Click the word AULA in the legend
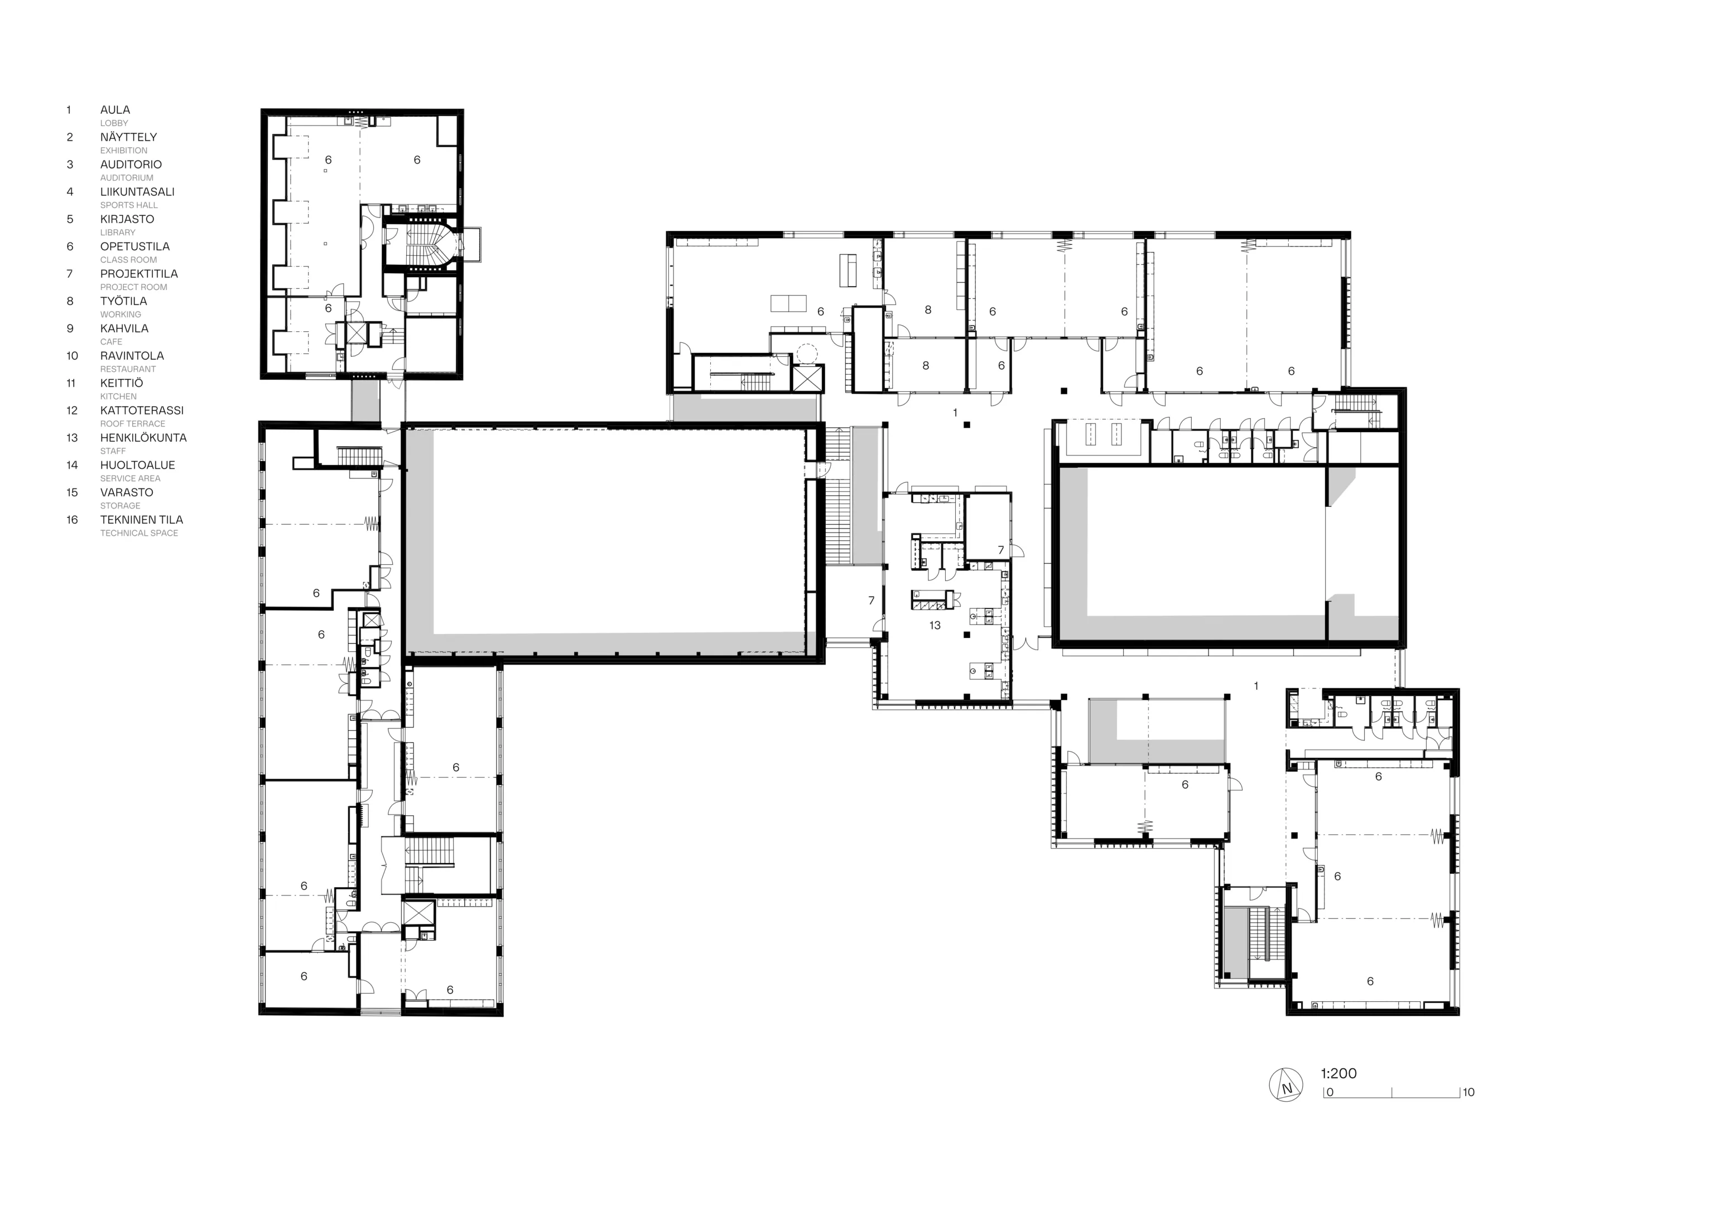(115, 110)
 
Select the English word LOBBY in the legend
(114, 123)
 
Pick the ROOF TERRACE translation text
(133, 424)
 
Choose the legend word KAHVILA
(124, 328)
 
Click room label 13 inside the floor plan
(935, 625)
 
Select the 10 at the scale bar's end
(1469, 1092)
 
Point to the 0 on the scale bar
(1330, 1092)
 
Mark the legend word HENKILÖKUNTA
(144, 438)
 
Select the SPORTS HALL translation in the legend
(129, 205)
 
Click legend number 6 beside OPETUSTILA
(70, 247)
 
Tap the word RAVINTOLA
(132, 356)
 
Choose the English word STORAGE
(120, 506)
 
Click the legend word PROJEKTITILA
(139, 274)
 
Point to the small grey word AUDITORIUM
(127, 178)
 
